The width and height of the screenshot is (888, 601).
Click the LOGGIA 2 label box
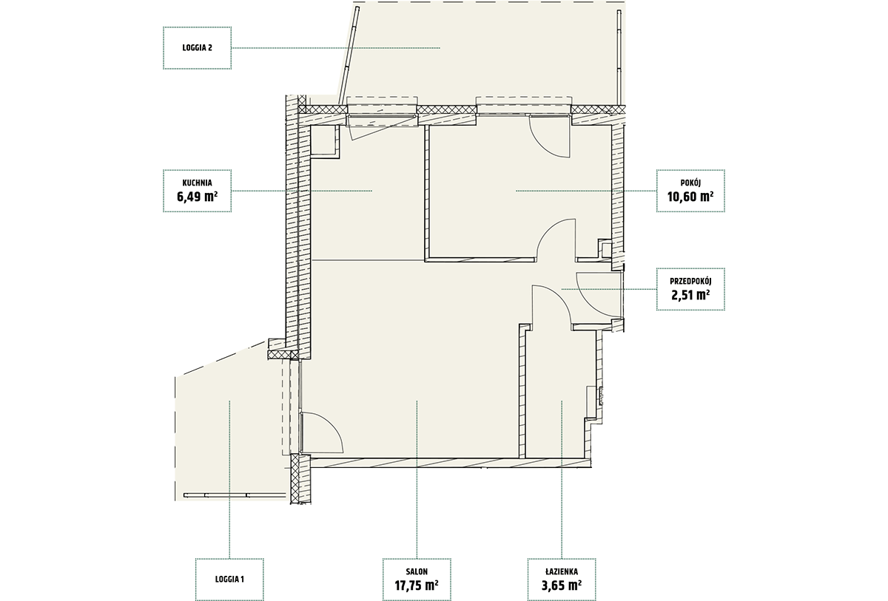tap(197, 48)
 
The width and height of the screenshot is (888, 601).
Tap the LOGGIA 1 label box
tap(229, 580)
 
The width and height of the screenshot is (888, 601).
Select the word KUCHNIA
tap(197, 183)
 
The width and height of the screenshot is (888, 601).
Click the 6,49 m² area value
tap(197, 197)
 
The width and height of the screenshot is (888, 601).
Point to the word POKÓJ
tap(690, 183)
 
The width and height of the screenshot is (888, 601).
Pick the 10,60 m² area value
tap(690, 197)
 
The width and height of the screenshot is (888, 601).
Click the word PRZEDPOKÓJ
tap(690, 282)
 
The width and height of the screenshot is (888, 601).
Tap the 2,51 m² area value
tap(690, 295)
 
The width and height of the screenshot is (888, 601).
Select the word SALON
tap(417, 571)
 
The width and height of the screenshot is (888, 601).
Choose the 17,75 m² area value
tap(417, 585)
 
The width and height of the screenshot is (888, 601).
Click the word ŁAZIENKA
tap(562, 571)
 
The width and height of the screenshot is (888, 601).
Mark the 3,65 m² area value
tap(562, 585)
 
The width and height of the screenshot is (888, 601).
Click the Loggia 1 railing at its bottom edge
tap(235, 495)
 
